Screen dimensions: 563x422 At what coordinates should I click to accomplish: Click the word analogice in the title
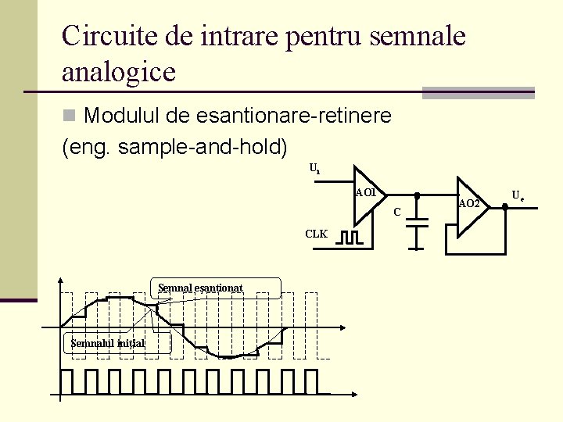coord(119,72)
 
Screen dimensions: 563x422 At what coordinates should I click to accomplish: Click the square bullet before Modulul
coord(69,116)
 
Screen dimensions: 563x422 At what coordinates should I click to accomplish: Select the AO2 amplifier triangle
coord(470,205)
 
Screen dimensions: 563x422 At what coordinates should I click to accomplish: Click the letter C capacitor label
coord(397,212)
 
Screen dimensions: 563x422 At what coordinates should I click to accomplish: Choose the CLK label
coord(317,234)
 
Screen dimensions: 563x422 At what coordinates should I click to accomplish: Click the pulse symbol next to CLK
coord(348,237)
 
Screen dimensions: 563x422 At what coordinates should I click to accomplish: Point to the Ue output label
coord(518,195)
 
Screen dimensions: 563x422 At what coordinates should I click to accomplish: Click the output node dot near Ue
coord(505,206)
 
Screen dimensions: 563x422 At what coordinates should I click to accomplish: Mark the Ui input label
coord(314,168)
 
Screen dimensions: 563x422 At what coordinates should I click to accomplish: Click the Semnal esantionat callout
coord(200,288)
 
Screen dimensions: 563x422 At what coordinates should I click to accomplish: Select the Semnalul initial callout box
coord(109,343)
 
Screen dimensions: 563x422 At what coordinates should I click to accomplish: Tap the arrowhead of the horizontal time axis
coord(344,326)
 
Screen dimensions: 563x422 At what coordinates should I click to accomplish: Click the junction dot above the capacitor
coord(417,195)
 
